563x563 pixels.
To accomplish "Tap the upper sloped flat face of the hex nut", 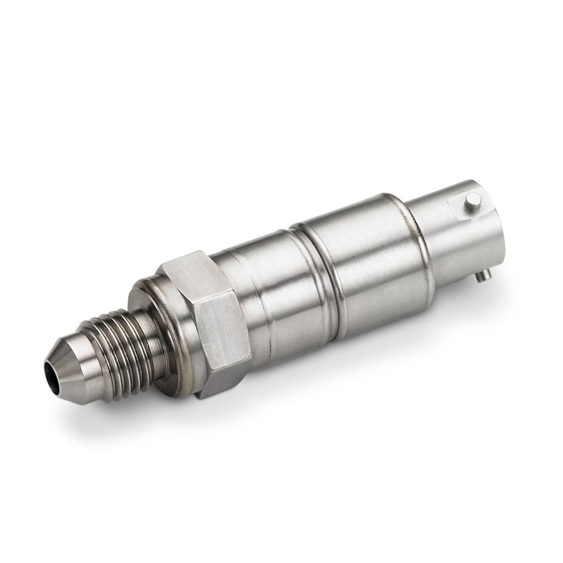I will (x=187, y=269).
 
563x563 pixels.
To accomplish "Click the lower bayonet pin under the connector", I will (x=483, y=274).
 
